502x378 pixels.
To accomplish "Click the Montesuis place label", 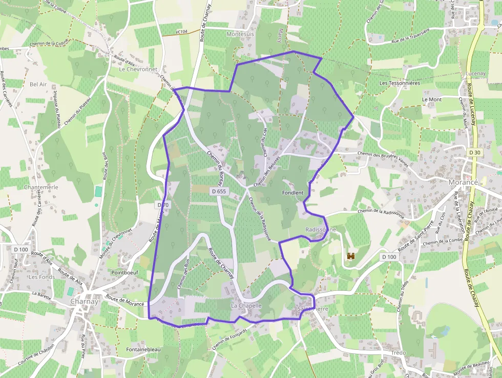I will click(240, 34).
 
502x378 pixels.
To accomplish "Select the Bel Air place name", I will click(38, 84).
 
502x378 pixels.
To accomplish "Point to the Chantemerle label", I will click(41, 187).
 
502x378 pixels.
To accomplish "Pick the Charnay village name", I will click(84, 302).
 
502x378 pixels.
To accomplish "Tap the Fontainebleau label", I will click(143, 349).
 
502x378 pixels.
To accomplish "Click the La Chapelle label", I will click(246, 306).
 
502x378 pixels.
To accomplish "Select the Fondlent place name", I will click(292, 193).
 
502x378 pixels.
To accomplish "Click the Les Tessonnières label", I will click(400, 83).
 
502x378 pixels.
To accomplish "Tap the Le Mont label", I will click(431, 99).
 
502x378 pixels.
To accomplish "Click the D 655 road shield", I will click(218, 191).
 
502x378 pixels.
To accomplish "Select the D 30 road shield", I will click(474, 152).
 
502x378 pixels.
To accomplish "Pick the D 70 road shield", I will click(162, 205).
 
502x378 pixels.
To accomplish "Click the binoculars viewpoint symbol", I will click(351, 255).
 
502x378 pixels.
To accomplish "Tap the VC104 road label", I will click(181, 32).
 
